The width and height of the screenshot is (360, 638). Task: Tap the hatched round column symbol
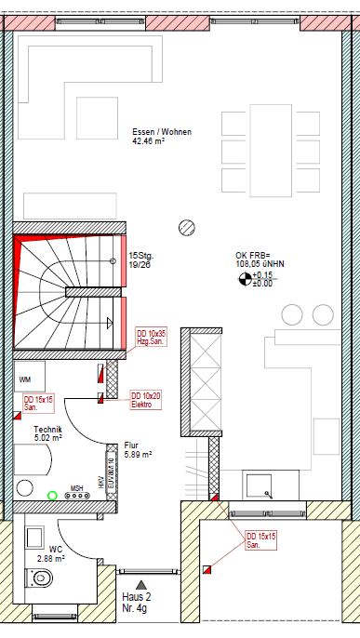(186, 226)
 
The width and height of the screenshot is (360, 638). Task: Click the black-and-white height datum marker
(245, 276)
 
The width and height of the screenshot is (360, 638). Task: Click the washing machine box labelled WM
(25, 379)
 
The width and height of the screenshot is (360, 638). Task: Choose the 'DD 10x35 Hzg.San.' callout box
(151, 338)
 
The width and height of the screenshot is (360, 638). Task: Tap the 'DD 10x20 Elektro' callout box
(146, 400)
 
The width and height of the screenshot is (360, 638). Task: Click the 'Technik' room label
(47, 428)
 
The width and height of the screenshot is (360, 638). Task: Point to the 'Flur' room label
(132, 445)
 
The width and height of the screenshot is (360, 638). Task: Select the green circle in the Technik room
(53, 495)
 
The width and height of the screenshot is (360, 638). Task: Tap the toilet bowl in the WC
(43, 579)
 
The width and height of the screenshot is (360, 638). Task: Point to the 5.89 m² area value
(138, 455)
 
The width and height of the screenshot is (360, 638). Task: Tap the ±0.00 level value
(263, 283)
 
